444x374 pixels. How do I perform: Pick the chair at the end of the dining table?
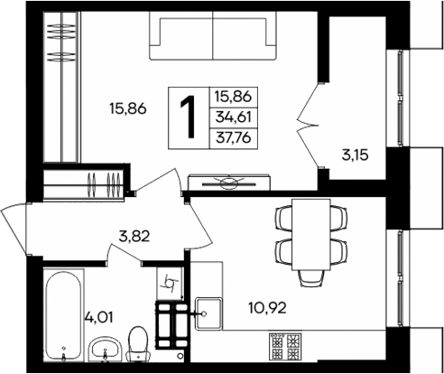[x=311, y=270]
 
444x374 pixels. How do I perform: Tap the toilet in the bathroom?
[x=139, y=343]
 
